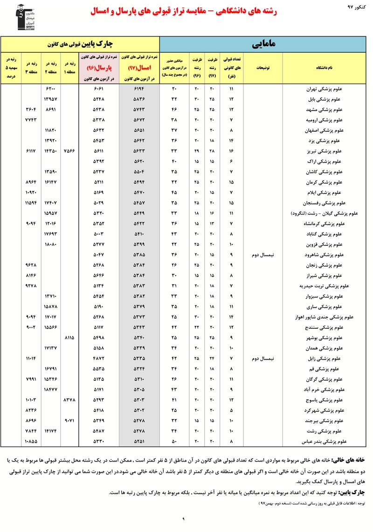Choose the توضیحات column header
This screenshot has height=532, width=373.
coord(263,68)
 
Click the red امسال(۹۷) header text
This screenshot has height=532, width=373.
coord(140,67)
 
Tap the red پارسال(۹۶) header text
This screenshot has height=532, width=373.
coord(99,67)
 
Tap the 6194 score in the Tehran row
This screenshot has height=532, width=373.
coord(140,89)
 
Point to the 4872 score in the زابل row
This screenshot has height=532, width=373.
coord(99,358)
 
